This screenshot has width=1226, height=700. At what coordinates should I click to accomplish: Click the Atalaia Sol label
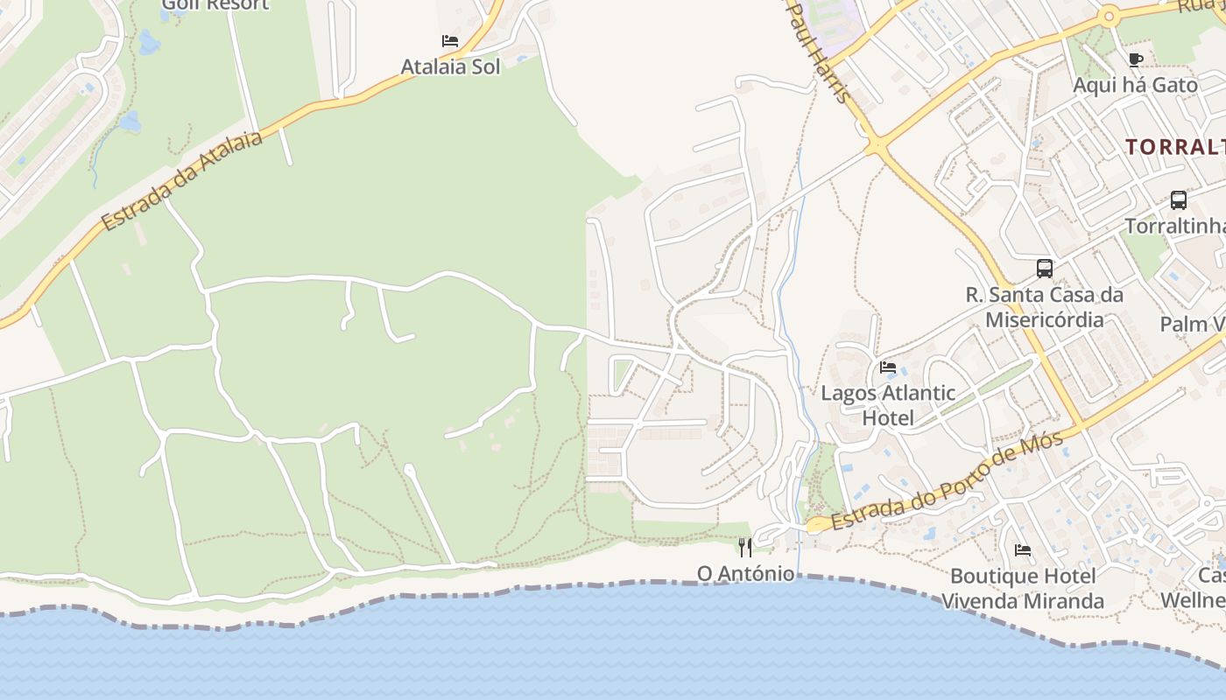tap(450, 66)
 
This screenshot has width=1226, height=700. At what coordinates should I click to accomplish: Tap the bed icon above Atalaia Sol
tap(450, 41)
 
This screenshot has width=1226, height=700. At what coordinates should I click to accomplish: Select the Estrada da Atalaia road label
tap(182, 181)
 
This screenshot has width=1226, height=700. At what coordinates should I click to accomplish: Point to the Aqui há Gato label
tap(1135, 85)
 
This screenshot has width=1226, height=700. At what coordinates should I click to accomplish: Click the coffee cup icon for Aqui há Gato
tap(1136, 59)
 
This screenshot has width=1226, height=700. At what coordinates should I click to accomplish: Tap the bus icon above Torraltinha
tap(1179, 199)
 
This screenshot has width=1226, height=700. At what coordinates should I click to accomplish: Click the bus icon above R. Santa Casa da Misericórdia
tap(1044, 268)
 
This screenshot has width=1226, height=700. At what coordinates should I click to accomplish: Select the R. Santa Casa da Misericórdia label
tap(1044, 306)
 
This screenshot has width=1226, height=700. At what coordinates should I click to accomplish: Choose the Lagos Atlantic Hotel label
tap(888, 405)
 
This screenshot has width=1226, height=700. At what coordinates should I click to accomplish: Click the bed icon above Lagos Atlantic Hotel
tap(888, 367)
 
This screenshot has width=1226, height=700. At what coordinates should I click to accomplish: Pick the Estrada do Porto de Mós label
tap(947, 480)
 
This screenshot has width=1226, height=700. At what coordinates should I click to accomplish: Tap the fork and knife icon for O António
tap(745, 548)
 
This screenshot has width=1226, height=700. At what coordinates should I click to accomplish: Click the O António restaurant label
tap(745, 574)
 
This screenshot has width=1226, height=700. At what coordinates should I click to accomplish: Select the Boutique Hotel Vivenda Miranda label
tap(1022, 589)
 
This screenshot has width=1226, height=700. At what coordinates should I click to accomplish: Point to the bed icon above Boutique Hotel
tap(1022, 550)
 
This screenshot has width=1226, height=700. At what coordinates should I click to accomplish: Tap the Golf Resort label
tap(215, 5)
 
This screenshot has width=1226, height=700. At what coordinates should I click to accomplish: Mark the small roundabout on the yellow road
tap(1110, 16)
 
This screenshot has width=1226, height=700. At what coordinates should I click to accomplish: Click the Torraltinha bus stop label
tap(1174, 226)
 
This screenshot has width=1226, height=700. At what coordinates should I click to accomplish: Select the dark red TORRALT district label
tap(1174, 146)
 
